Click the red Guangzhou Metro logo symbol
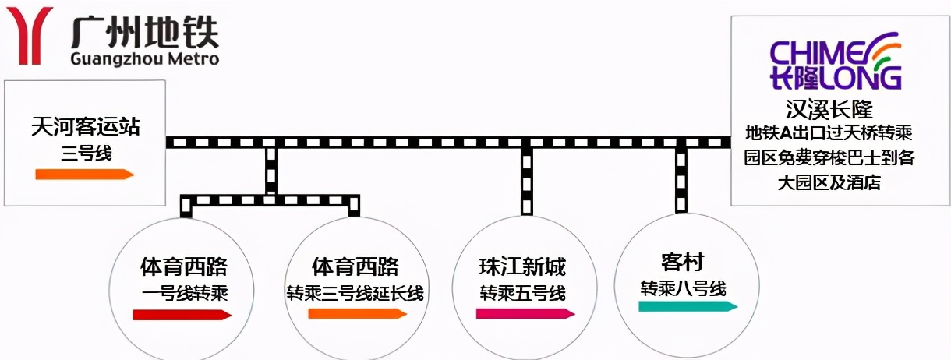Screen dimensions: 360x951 [30, 35]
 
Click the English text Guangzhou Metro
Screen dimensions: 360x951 [144, 59]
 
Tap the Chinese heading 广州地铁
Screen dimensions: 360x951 [144, 32]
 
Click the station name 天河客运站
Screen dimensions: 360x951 [87, 125]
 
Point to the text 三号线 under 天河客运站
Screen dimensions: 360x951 [87, 152]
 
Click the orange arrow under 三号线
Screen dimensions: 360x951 [84, 175]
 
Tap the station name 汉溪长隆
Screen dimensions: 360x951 [829, 108]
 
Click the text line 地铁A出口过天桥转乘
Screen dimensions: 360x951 [829, 132]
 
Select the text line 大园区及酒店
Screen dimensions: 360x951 [829, 182]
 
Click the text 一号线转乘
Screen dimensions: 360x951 [184, 293]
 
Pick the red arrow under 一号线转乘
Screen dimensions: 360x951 [182, 315]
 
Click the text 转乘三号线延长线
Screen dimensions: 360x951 [355, 293]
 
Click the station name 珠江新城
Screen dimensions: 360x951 [522, 267]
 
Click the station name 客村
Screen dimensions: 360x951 [682, 262]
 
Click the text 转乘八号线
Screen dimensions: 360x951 [683, 288]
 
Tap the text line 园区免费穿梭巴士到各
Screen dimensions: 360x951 [829, 157]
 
